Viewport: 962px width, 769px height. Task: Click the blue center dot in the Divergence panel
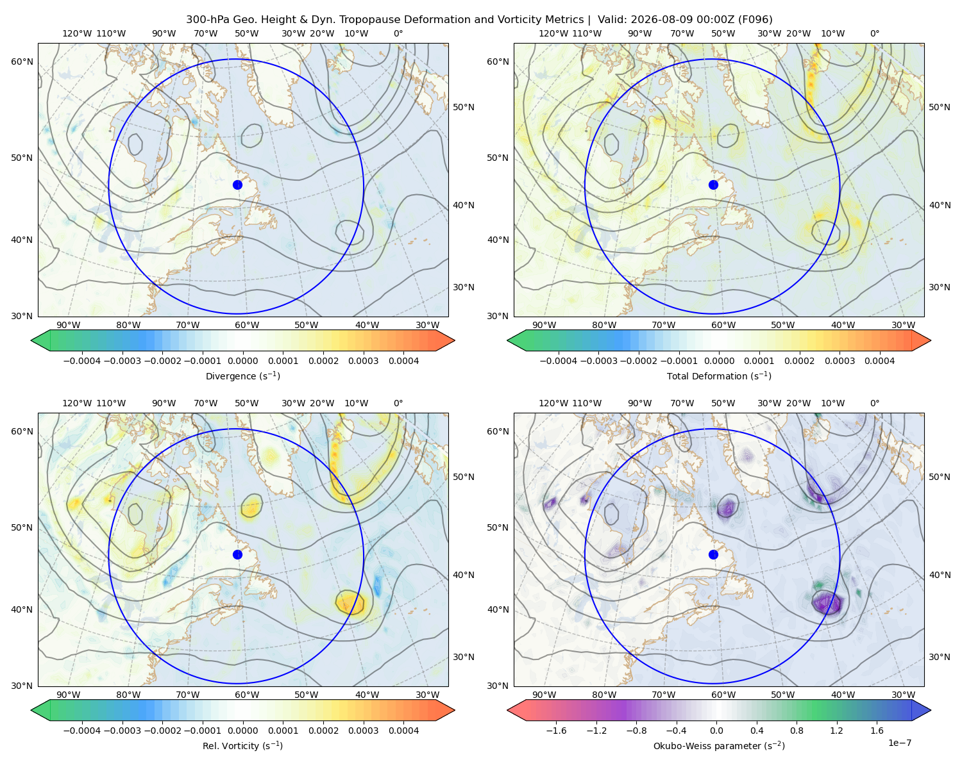tap(237, 185)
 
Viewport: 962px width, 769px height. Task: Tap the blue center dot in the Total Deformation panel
tap(713, 185)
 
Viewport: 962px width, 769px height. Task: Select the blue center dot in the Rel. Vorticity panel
tap(237, 554)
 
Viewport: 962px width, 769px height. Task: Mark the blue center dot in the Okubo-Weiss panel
tap(713, 554)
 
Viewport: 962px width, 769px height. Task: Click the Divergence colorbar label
tap(242, 376)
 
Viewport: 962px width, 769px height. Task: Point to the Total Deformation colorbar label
tap(719, 376)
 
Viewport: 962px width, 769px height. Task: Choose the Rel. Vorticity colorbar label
tap(242, 745)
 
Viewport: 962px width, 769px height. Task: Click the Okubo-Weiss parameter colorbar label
tap(719, 745)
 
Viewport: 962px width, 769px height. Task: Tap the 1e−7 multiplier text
tap(899, 743)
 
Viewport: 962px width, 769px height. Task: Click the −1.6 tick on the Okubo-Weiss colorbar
tap(556, 731)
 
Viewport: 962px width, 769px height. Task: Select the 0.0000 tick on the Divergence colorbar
tap(242, 361)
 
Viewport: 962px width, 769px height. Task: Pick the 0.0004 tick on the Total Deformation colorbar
tap(879, 361)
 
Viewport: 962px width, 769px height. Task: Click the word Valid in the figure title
tap(609, 20)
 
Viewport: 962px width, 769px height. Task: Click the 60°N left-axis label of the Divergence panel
tap(22, 62)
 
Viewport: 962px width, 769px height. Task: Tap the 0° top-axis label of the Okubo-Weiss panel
tap(874, 403)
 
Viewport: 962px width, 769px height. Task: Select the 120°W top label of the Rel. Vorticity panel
tap(77, 403)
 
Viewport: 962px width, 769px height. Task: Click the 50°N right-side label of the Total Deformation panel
tap(940, 107)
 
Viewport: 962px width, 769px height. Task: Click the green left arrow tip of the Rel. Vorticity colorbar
tap(31, 711)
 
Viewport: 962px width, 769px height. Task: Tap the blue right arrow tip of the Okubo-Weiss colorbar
tap(931, 711)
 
